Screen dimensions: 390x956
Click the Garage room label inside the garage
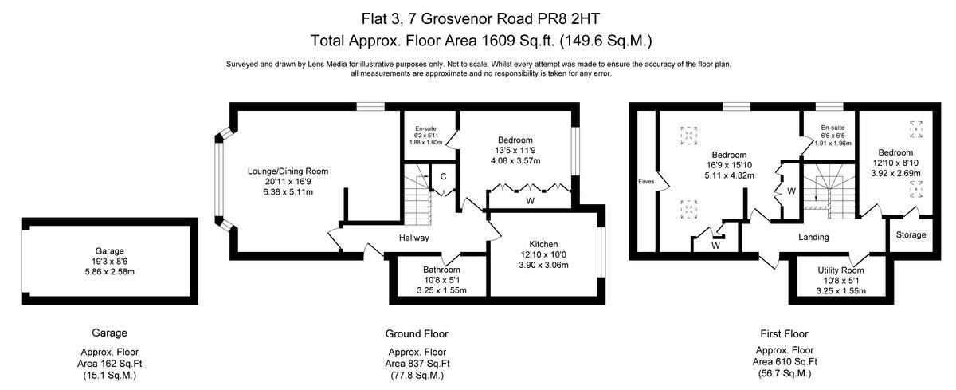coord(110,250)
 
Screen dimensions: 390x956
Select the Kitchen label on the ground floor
coord(543,243)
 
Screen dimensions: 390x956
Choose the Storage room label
coord(911,235)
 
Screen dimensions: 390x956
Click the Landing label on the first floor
coord(813,237)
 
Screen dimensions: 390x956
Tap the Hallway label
coord(413,238)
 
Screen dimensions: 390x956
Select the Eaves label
coord(646,182)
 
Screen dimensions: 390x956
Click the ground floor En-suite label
coord(425,128)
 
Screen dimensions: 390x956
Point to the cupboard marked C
coord(443,175)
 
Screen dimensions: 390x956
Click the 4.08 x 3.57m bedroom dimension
coord(515,160)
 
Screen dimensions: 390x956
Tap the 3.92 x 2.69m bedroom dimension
coord(895,173)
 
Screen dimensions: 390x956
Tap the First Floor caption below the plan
coord(785,333)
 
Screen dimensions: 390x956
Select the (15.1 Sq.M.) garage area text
coord(110,375)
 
